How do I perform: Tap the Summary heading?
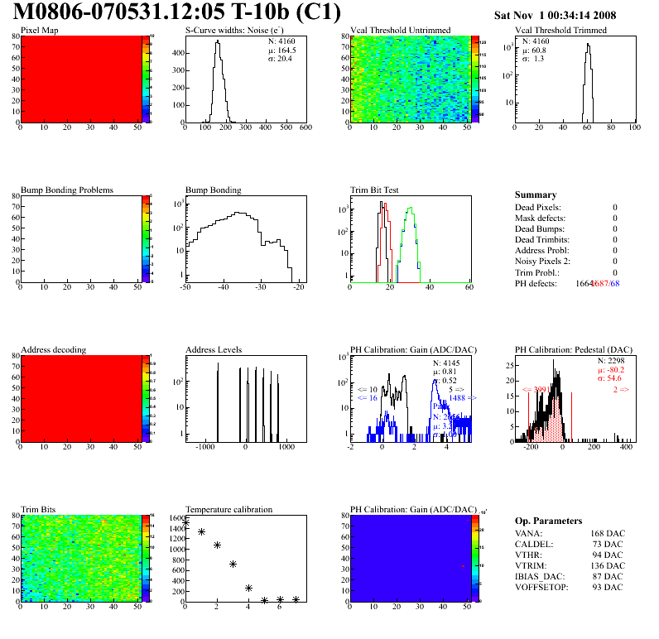(536, 195)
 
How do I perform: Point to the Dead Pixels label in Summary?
(538, 207)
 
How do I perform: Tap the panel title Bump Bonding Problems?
(67, 190)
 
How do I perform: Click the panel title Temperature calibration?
(229, 509)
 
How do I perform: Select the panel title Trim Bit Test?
(375, 190)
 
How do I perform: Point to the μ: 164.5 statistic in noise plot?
(281, 50)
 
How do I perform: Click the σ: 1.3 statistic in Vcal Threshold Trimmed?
(532, 59)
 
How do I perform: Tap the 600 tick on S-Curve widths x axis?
(305, 127)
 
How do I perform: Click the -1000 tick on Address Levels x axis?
(204, 448)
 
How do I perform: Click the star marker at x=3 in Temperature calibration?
(233, 564)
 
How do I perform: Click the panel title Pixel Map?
(39, 30)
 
